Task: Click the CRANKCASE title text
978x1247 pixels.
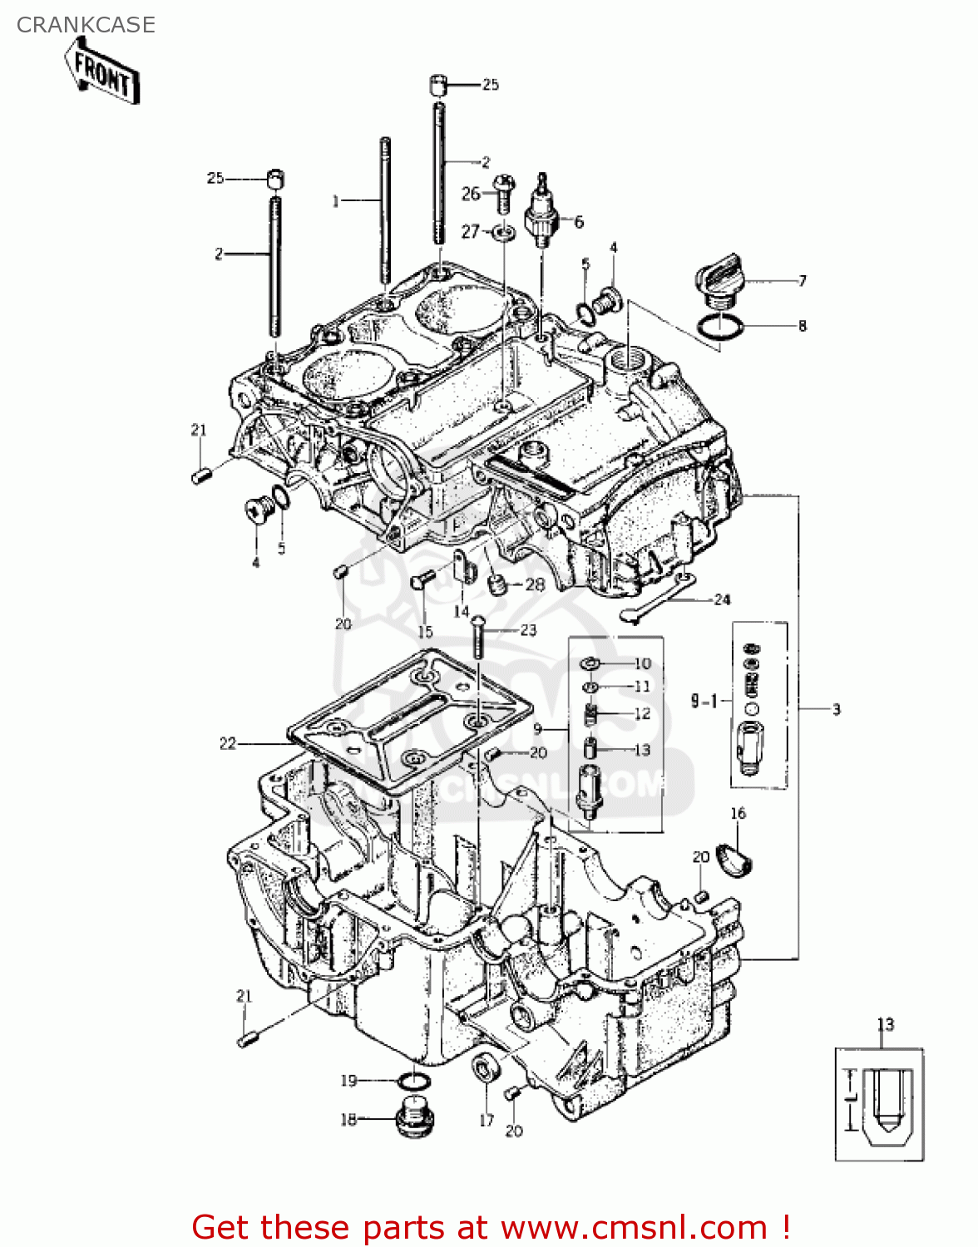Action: pyautogui.click(x=86, y=25)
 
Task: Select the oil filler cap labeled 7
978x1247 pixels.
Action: pyautogui.click(x=719, y=279)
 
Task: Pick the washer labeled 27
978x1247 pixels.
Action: pyautogui.click(x=501, y=230)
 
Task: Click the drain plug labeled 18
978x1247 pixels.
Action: pyautogui.click(x=412, y=1118)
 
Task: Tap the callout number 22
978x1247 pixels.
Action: pyautogui.click(x=228, y=743)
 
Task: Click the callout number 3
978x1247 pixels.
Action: pyautogui.click(x=836, y=709)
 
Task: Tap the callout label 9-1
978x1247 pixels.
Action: pyautogui.click(x=704, y=701)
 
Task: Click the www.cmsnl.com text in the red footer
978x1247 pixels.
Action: pyautogui.click(x=634, y=1227)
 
